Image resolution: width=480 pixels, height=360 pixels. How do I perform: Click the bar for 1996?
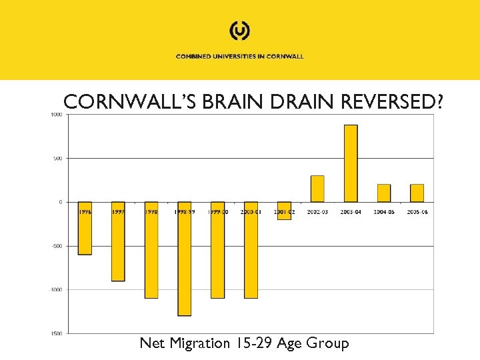point(85,229)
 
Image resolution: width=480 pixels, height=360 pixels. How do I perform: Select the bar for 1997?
point(118,241)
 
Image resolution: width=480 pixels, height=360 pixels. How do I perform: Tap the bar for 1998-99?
point(184,259)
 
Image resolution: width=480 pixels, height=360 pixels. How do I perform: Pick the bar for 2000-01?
point(251,250)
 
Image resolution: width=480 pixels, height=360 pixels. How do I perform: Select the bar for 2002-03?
point(317,189)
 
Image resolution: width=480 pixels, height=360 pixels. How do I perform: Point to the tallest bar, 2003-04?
point(351,163)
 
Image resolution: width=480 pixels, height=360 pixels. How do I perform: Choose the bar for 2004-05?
point(384,193)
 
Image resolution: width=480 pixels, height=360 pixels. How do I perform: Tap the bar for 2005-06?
point(417,193)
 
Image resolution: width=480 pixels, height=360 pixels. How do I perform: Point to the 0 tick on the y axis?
point(60,202)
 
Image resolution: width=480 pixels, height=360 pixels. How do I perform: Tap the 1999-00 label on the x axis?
point(217,211)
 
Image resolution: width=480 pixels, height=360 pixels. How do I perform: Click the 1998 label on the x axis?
point(151,211)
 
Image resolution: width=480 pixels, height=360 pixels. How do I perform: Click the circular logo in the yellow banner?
point(239,31)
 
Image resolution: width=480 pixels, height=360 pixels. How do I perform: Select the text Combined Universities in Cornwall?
point(239,57)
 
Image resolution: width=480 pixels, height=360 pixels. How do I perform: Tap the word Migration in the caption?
point(198,343)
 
